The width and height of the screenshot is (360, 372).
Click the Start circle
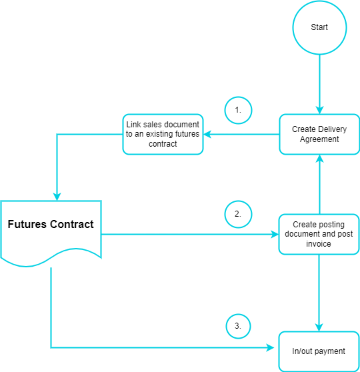tap(319, 27)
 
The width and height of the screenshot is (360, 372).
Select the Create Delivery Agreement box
tap(319, 134)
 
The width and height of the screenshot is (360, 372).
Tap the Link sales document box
tap(163, 134)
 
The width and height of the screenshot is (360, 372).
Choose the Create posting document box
tap(319, 234)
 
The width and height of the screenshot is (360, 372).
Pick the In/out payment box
tap(319, 351)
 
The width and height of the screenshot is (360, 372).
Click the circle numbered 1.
tap(238, 110)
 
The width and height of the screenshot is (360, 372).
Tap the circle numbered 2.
tap(238, 215)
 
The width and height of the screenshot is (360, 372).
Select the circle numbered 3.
tap(238, 327)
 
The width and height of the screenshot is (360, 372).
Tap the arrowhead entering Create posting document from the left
tap(274, 234)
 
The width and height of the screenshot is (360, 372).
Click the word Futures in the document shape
tap(27, 224)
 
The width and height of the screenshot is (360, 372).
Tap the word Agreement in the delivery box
tap(319, 139)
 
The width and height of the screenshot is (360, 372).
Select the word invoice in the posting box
tap(319, 244)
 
